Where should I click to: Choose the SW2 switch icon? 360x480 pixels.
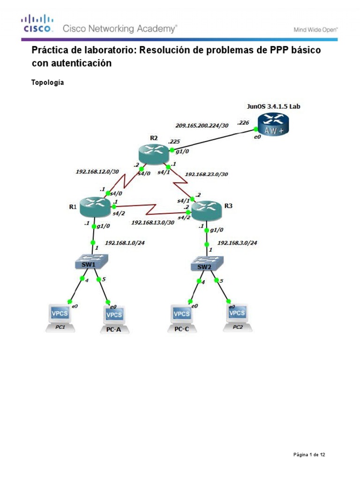206,263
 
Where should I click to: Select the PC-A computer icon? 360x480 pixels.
114,317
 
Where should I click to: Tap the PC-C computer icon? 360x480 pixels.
182,316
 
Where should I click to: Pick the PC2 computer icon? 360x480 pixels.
237,315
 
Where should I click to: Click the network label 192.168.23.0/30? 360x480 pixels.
206,174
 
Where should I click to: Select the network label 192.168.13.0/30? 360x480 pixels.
153,223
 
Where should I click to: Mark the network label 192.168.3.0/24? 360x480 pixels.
238,243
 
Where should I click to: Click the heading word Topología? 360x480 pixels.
47,82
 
